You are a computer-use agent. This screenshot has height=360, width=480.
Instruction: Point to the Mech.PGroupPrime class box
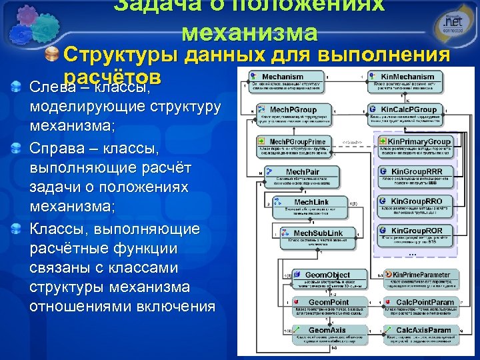(x=293, y=146)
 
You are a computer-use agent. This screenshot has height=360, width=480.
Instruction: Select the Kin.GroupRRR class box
(x=416, y=176)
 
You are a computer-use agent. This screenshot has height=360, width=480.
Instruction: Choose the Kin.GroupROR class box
(x=416, y=235)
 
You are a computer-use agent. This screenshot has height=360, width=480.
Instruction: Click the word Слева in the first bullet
(x=51, y=88)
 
